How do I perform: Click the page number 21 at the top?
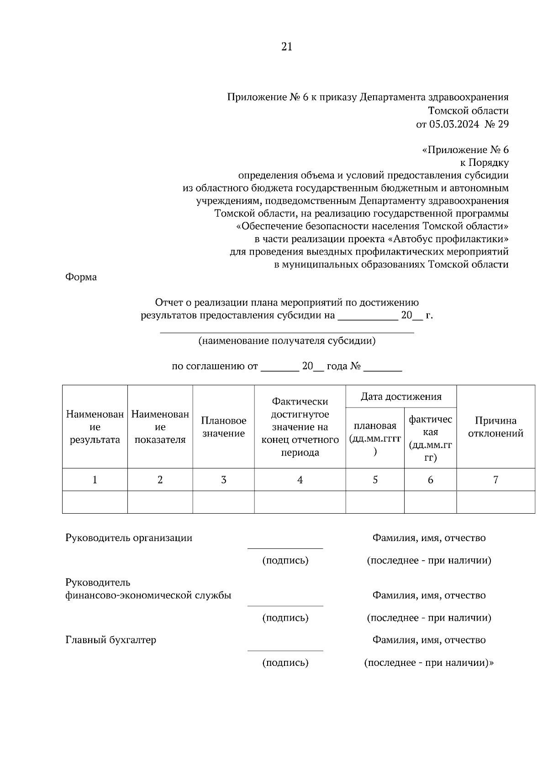(x=287, y=47)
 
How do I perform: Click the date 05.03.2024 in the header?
(x=453, y=124)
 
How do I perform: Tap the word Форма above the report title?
(x=81, y=277)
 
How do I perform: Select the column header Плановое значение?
(x=223, y=427)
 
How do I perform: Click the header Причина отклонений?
(x=495, y=427)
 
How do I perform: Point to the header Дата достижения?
(x=401, y=397)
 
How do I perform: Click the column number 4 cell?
(x=300, y=480)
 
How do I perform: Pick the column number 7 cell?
(x=495, y=480)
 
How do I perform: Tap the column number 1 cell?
(x=95, y=480)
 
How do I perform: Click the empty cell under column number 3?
(x=223, y=502)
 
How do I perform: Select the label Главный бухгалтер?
(x=111, y=640)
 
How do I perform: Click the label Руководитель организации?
(x=129, y=538)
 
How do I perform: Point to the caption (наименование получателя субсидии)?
(x=287, y=341)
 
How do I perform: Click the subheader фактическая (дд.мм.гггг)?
(x=430, y=438)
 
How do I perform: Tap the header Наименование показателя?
(x=160, y=427)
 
